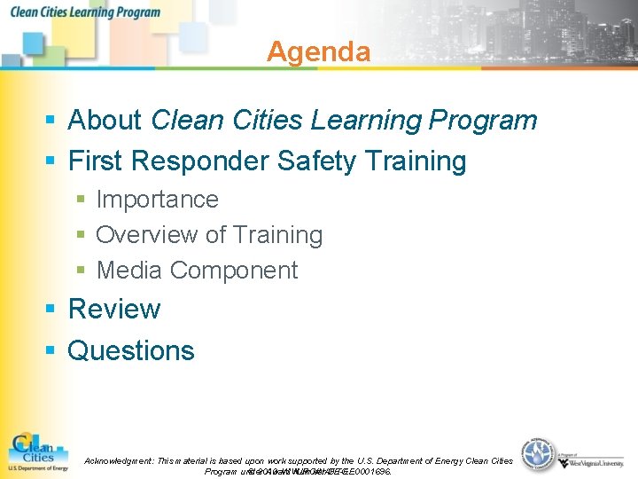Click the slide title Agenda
click(x=318, y=51)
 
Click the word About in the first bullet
click(x=105, y=120)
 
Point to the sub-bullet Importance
click(x=157, y=200)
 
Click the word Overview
click(x=146, y=235)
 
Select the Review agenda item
click(x=114, y=310)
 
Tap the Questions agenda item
click(x=131, y=351)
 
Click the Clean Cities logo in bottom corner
click(x=37, y=452)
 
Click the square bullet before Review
click(x=51, y=310)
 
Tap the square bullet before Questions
click(x=51, y=352)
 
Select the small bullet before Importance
click(x=81, y=200)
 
